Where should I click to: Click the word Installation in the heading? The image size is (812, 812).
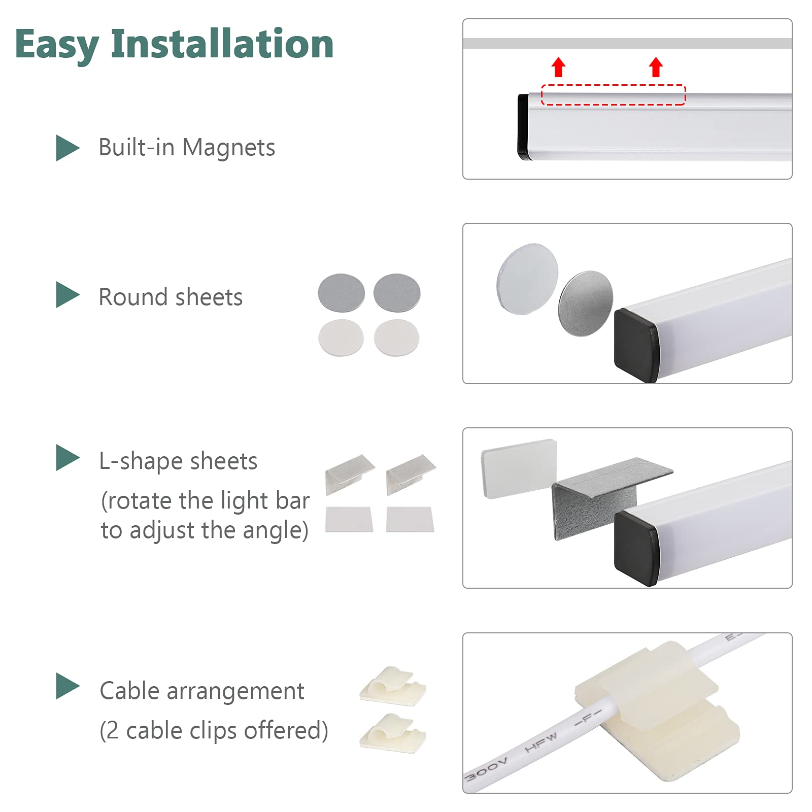coord(222,44)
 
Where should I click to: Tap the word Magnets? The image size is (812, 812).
coord(228,148)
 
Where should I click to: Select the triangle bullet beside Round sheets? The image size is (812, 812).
coord(67,295)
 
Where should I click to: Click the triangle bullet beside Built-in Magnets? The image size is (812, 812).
coord(67,148)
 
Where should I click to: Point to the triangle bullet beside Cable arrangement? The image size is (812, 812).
coord(67,686)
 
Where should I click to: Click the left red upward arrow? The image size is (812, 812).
coord(559,67)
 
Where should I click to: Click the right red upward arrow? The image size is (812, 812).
coord(656,67)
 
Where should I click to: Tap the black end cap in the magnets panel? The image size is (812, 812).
coord(523,127)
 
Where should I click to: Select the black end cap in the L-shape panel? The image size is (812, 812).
coord(635,548)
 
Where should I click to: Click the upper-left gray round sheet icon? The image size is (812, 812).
coord(341,293)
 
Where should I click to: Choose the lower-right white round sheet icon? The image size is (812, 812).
coord(396,337)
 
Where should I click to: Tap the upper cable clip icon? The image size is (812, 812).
coord(392,686)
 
